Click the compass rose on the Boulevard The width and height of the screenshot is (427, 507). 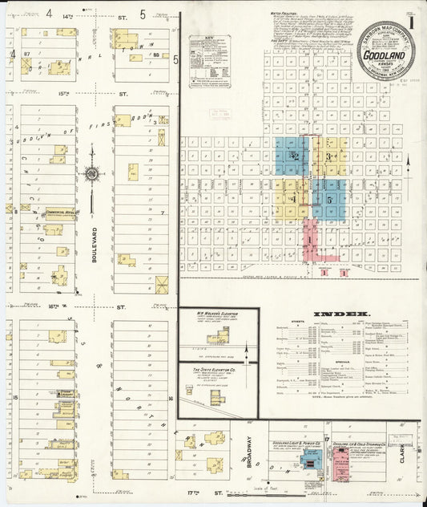click(x=92, y=173)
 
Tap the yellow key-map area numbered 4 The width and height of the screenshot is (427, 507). click(x=292, y=197)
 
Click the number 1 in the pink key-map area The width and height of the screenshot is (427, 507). click(x=309, y=239)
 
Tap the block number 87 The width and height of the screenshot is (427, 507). click(x=27, y=53)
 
